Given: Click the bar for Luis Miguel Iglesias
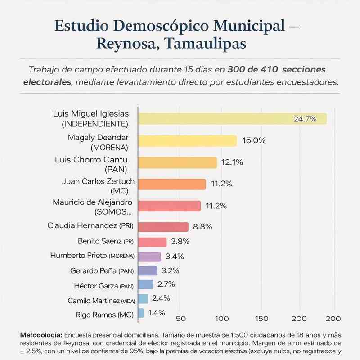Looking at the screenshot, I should pos(232,119).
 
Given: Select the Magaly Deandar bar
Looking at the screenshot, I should pos(187,141).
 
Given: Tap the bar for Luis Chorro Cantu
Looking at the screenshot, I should pos(177,162).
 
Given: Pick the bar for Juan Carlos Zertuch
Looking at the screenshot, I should pos(172,184).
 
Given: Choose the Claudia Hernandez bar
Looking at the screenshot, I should pos(163,227).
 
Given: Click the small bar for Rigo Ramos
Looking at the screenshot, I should pos(141,313).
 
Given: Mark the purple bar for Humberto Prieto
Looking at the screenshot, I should pos(149,257).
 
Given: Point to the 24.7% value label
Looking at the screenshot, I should pos(305,119).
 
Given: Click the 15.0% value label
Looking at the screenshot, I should pos(254,140).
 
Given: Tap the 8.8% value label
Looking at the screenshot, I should pos(202,227).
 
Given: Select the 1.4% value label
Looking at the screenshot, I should pos(156,313).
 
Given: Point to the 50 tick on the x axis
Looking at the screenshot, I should pos(181,319).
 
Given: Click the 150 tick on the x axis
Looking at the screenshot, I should pos(262,319).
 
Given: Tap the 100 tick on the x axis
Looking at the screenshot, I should pos(222,319).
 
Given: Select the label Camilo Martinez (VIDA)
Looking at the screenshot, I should pos(101,300).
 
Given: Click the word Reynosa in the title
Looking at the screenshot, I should pos(125,44).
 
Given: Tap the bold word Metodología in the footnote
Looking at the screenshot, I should pos(41,335).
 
